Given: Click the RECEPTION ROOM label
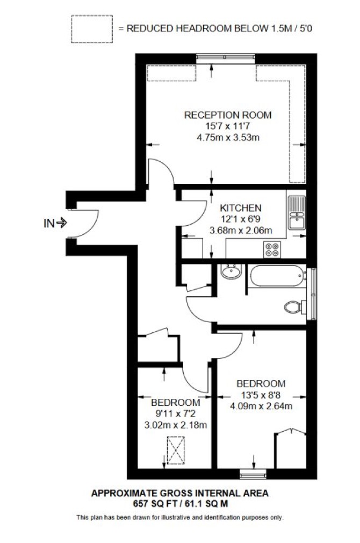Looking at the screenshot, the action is point(228,115).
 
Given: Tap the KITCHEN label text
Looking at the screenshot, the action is point(241,208).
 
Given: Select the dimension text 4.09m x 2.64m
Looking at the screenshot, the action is point(261,405).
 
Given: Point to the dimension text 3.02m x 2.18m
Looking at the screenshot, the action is point(176,425).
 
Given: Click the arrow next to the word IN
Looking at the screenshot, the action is point(62,223).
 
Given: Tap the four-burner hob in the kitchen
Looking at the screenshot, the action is point(272,249).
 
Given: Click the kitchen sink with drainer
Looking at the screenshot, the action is point(296,212).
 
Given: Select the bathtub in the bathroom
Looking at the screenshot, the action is point(278,276).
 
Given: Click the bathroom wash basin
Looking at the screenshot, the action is point(232,271).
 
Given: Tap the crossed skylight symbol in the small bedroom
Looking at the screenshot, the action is point(176,450).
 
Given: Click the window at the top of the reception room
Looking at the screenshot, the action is point(225,58).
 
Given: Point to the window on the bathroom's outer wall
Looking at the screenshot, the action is point(313,294).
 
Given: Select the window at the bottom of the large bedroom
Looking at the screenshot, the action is point(254,474).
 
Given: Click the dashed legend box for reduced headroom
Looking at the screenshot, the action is point(92,29).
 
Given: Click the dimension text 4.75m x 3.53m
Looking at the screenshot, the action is point(228,138).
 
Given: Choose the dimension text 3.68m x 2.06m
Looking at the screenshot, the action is point(241,230).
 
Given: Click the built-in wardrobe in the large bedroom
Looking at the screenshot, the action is point(291,449).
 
